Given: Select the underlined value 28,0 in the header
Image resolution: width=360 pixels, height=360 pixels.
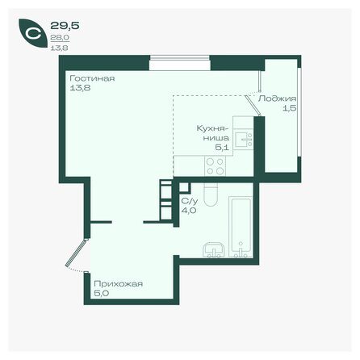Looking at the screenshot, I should click(x=58, y=37).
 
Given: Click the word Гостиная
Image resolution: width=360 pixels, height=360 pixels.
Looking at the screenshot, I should click(x=91, y=79).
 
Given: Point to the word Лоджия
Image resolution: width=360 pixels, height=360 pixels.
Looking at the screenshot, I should click(x=272, y=98).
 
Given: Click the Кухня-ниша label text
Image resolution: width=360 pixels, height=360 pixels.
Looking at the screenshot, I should click(x=214, y=132).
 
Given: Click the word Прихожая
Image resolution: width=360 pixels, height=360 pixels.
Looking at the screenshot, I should click(x=119, y=284).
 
